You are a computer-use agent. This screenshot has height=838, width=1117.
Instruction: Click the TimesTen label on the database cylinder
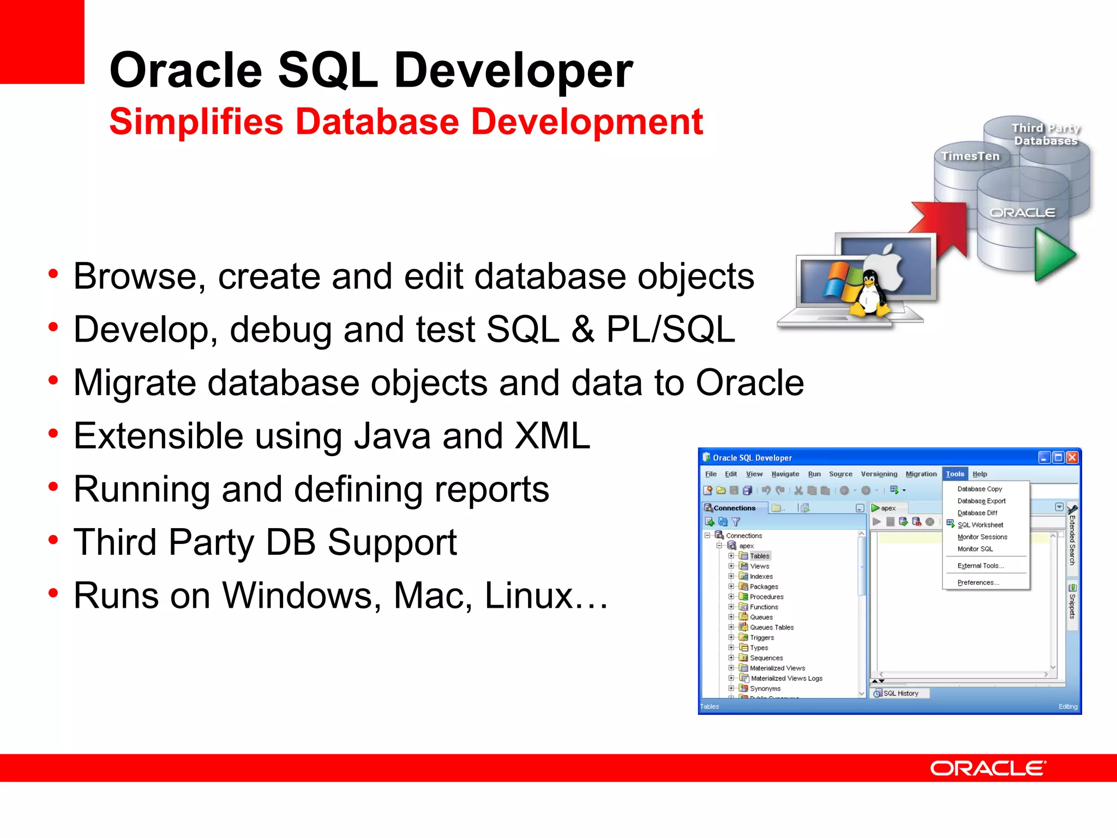coord(970,156)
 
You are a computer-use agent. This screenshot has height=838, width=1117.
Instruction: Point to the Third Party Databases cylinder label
coord(1045,134)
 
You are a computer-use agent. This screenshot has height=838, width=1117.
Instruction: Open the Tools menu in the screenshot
coord(955,474)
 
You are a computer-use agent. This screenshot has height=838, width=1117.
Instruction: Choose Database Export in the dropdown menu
coord(981,501)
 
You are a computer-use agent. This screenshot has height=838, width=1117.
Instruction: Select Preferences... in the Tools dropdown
coord(978,583)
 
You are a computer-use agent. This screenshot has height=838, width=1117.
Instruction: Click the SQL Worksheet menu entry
coord(980,525)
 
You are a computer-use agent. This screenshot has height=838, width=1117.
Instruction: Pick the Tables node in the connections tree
coord(759,556)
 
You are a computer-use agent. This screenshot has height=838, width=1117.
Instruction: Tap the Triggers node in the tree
coord(761,638)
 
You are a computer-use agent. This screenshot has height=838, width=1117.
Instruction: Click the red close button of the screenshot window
coord(1072,457)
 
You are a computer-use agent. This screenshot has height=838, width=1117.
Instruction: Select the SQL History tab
coord(900,693)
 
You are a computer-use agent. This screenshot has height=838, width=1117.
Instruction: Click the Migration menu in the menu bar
coord(921,474)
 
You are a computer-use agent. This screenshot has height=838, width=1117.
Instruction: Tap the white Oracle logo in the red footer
coord(988,768)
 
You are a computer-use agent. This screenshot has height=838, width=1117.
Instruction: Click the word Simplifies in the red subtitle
coord(196,122)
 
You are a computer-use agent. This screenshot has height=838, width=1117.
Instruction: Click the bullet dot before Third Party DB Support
coord(53,541)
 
